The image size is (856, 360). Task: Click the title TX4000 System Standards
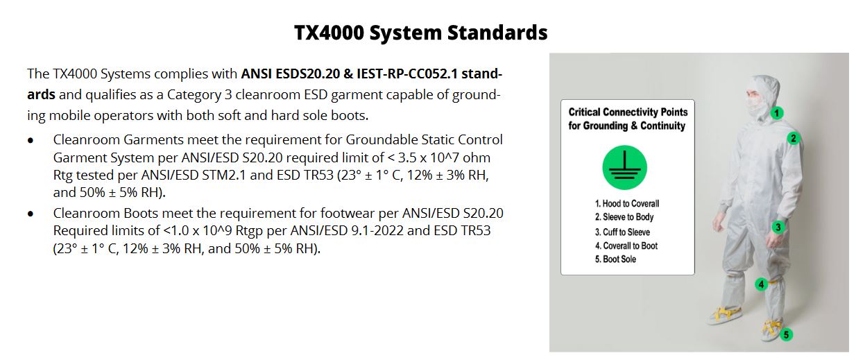[421, 33]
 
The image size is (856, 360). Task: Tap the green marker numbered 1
[776, 113]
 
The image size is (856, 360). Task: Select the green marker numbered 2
[794, 138]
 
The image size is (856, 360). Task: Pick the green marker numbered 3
[778, 228]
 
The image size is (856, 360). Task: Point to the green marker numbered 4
[761, 284]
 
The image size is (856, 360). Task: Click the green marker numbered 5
[786, 335]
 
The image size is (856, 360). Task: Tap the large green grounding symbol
[625, 167]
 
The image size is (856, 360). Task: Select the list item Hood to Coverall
[627, 203]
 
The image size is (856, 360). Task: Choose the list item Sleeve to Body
[624, 217]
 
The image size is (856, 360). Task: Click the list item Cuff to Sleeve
[622, 232]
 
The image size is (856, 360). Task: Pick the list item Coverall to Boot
[626, 246]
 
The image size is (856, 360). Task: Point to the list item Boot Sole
[615, 259]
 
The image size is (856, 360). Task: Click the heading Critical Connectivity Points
[628, 112]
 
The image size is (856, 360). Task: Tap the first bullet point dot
[31, 141]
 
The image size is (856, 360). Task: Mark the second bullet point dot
[31, 214]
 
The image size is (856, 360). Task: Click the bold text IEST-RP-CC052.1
[407, 74]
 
